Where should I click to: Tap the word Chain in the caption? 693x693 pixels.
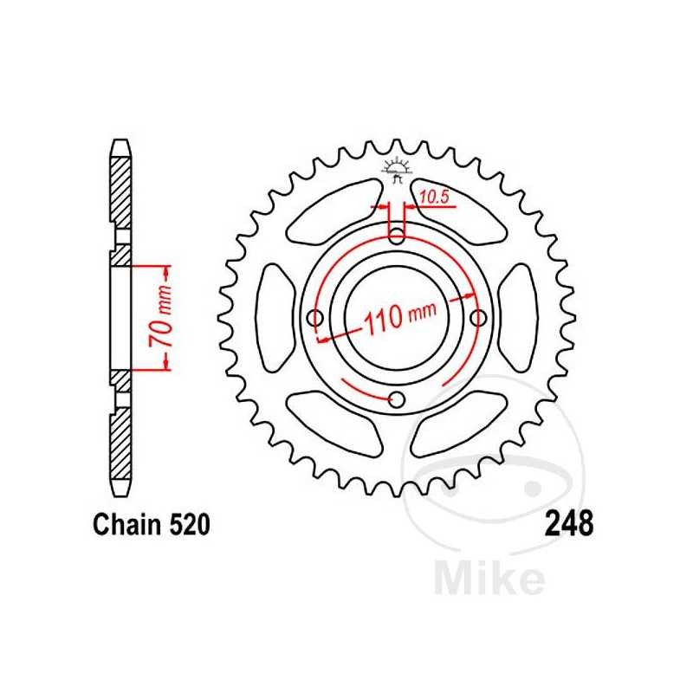(x=120, y=525)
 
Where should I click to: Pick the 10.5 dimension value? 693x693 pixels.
(x=432, y=198)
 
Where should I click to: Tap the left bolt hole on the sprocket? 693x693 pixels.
(x=316, y=319)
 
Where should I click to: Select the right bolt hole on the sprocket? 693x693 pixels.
(x=476, y=319)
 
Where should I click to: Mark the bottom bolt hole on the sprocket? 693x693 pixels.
(x=397, y=399)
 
